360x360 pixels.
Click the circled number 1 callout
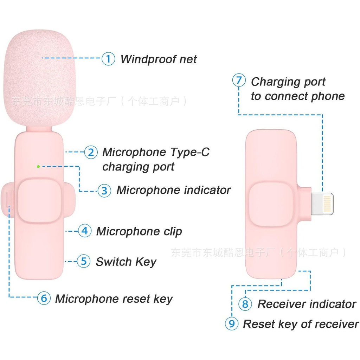(108, 59)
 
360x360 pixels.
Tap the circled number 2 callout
(91, 152)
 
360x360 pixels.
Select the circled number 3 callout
(104, 191)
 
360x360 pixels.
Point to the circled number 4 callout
(85, 231)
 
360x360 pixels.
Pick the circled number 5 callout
(84, 261)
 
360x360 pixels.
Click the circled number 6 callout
(44, 298)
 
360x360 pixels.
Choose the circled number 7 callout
(239, 80)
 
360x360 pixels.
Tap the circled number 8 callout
(245, 304)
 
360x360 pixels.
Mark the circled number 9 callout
(232, 323)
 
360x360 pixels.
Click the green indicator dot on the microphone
(38, 166)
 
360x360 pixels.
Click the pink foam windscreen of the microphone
(39, 78)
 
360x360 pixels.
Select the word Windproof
(149, 59)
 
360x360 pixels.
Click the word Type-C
(190, 152)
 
